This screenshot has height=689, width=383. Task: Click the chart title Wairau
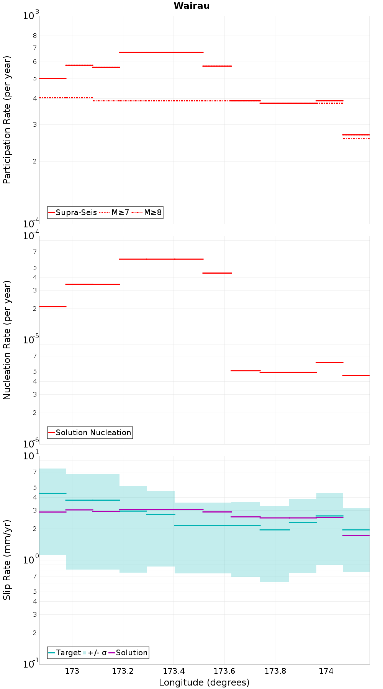[191, 6]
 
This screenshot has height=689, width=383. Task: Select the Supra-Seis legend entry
[73, 212]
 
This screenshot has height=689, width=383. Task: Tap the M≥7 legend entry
[114, 212]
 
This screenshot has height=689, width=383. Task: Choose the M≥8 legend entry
[147, 212]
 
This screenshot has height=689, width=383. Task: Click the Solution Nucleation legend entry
[90, 433]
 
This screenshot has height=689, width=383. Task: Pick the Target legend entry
[65, 653]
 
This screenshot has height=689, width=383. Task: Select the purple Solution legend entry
[128, 653]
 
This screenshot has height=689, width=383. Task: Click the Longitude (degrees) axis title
[204, 682]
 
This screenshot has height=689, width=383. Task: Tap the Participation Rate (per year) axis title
[7, 120]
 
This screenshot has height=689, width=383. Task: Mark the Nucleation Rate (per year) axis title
[7, 340]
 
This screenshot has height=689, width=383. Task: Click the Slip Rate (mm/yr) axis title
[7, 560]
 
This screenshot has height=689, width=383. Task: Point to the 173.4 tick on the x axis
[173, 671]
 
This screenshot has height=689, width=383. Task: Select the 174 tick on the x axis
[326, 671]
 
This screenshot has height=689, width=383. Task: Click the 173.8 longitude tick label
[275, 671]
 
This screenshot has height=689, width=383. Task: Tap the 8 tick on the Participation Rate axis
[35, 36]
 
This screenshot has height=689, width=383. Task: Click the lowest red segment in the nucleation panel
[356, 375]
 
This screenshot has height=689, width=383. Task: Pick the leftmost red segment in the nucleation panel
[53, 306]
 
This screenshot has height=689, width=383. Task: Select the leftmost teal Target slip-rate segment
[53, 493]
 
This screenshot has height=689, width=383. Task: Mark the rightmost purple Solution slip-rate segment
[356, 535]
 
